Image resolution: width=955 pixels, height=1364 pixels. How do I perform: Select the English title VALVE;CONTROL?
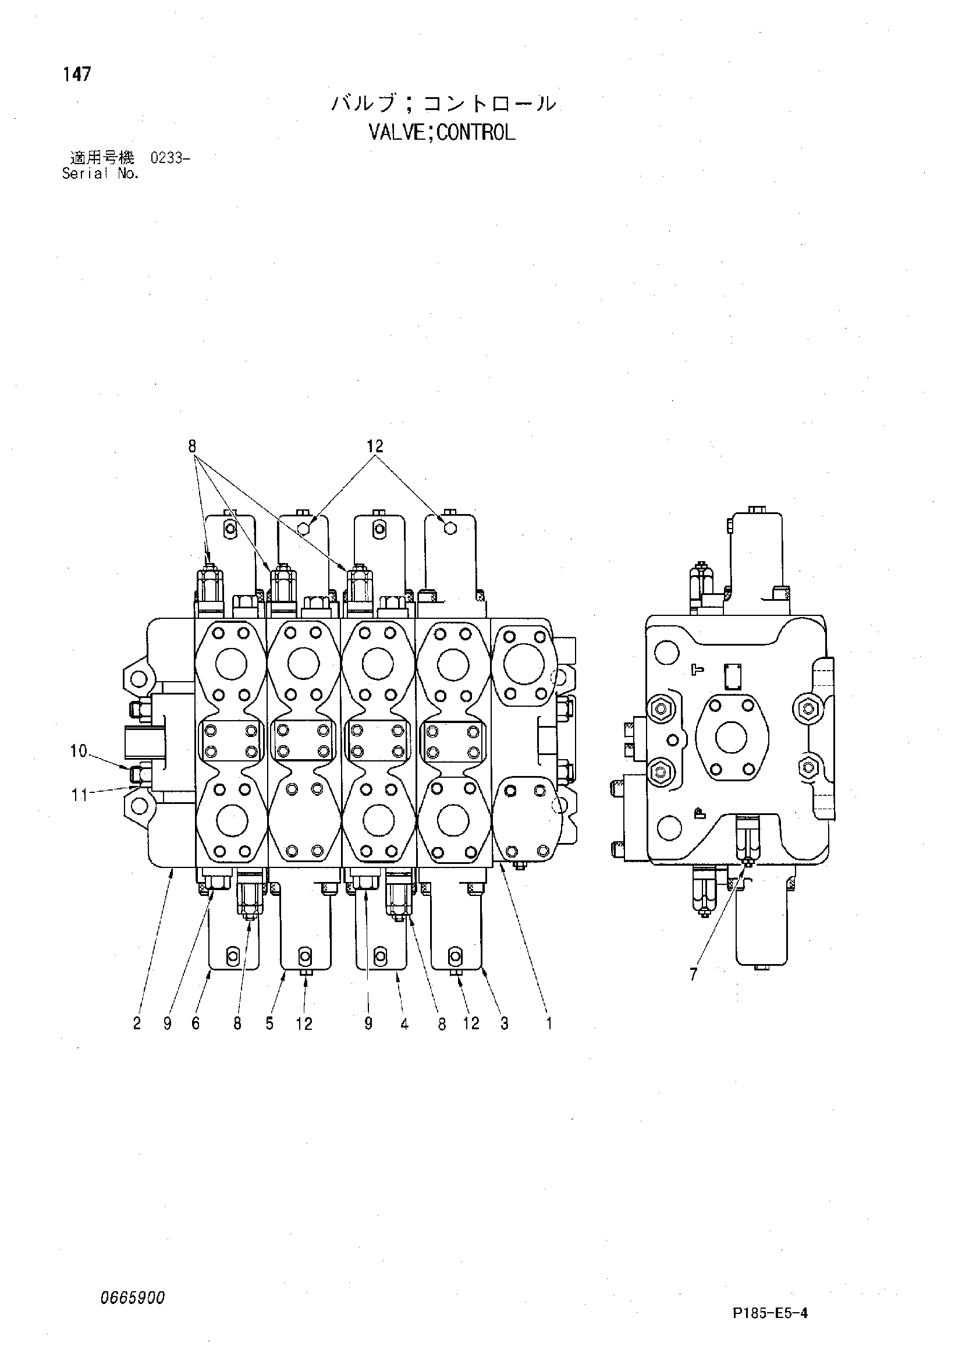point(442,132)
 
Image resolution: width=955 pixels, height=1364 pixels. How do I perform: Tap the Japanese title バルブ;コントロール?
point(443,104)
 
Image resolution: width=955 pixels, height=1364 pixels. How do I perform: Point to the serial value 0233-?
point(170,158)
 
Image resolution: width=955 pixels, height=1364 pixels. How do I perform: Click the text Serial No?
point(100,173)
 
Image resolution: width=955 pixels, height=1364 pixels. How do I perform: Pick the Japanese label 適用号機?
point(102,158)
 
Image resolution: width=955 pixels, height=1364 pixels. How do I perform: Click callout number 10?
point(79,752)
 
